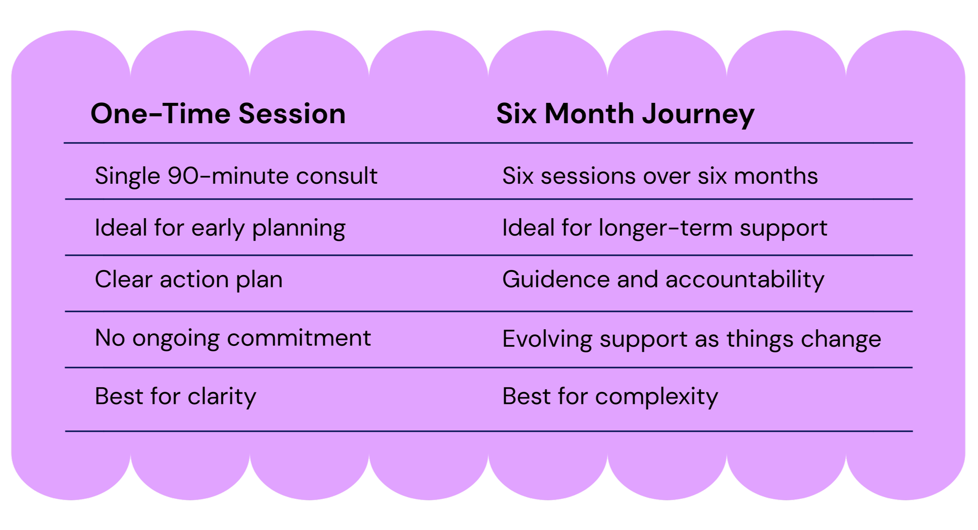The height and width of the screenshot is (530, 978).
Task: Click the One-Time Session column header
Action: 218,114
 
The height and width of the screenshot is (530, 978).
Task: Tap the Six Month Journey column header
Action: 625,114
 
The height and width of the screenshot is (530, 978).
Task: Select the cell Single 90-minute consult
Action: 236,176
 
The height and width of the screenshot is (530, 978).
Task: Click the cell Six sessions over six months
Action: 660,176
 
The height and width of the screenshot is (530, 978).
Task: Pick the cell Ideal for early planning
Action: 220,228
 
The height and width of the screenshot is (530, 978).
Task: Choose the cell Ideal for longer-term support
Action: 664,228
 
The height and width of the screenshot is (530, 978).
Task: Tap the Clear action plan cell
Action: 189,280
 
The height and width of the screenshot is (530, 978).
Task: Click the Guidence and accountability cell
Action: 663,280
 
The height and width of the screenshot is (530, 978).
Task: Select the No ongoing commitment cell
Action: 232,338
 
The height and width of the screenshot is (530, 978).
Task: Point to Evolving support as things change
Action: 691,339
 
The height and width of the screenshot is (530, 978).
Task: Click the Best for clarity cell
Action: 175,396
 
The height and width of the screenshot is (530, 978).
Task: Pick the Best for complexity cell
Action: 610,396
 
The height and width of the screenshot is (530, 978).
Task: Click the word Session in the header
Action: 292,114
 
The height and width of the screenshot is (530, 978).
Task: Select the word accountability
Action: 745,280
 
